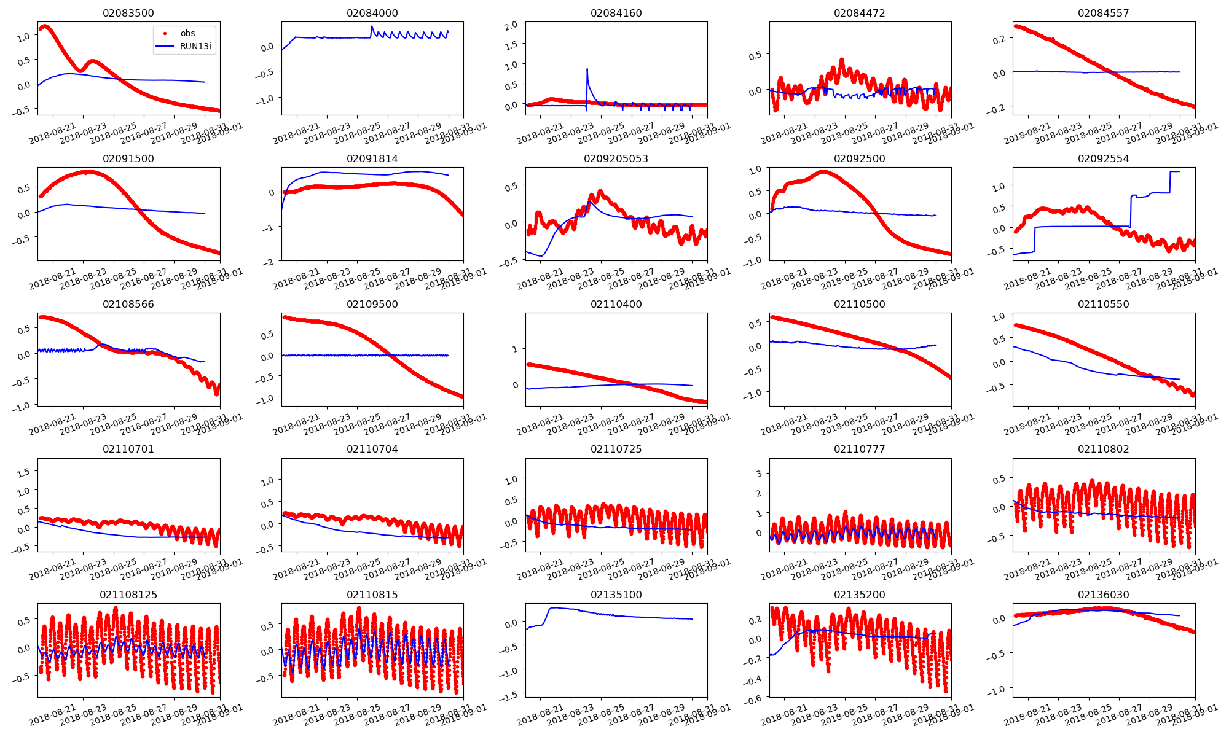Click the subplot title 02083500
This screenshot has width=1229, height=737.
pos(128,13)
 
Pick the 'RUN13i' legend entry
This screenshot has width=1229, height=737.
pos(195,46)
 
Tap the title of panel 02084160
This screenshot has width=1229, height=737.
pos(616,13)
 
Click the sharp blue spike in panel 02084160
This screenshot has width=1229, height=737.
pos(587,69)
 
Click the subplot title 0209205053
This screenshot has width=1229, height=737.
pos(616,158)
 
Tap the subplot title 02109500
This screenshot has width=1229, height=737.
pos(372,304)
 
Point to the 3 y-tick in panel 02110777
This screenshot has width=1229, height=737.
pos(759,474)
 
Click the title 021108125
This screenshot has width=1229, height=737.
pos(128,595)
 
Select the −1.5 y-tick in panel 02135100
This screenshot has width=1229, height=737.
pos(511,693)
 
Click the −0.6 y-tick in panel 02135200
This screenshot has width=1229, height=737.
pos(754,698)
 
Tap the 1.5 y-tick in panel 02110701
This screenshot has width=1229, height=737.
pos(23,472)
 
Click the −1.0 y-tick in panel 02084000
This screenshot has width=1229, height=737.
pos(267,99)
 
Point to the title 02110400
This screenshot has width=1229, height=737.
pos(616,304)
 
